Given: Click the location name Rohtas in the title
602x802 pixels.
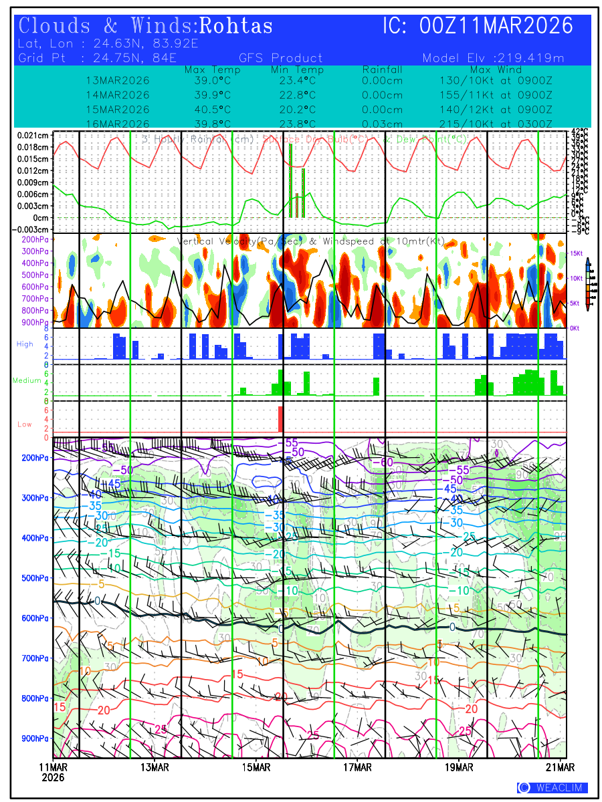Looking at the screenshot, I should click(x=236, y=26).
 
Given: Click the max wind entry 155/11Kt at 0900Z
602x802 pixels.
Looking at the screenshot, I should click(x=496, y=95).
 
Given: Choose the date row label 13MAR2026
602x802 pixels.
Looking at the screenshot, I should click(x=118, y=81).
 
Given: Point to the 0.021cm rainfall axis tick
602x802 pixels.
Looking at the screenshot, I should click(x=33, y=135).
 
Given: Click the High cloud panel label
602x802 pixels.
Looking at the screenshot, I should click(x=25, y=344).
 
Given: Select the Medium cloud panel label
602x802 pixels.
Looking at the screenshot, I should click(x=27, y=381).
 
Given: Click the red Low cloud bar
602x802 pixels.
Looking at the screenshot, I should click(x=281, y=419).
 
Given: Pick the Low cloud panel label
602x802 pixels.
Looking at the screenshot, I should click(x=25, y=424).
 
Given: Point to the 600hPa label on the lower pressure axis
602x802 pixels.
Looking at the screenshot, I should click(x=35, y=618).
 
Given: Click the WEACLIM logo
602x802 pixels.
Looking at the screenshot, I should click(x=552, y=788).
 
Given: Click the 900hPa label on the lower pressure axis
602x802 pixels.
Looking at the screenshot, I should click(x=35, y=739).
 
